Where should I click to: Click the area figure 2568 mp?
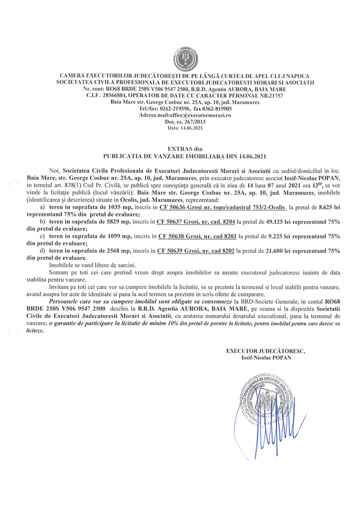[121, 251]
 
